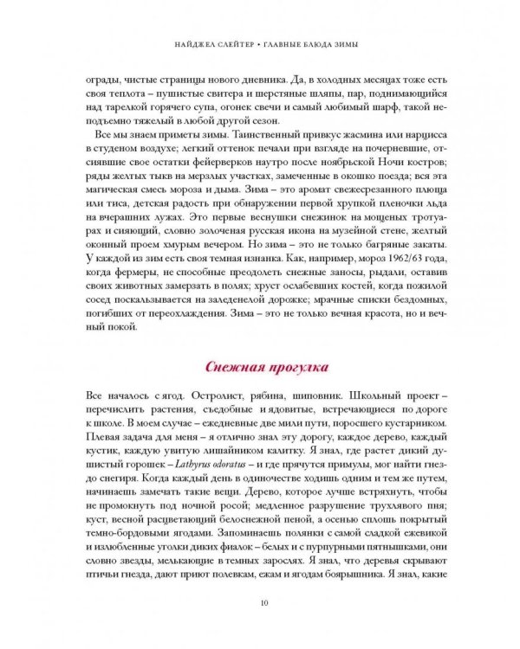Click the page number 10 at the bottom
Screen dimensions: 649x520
point(261,604)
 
